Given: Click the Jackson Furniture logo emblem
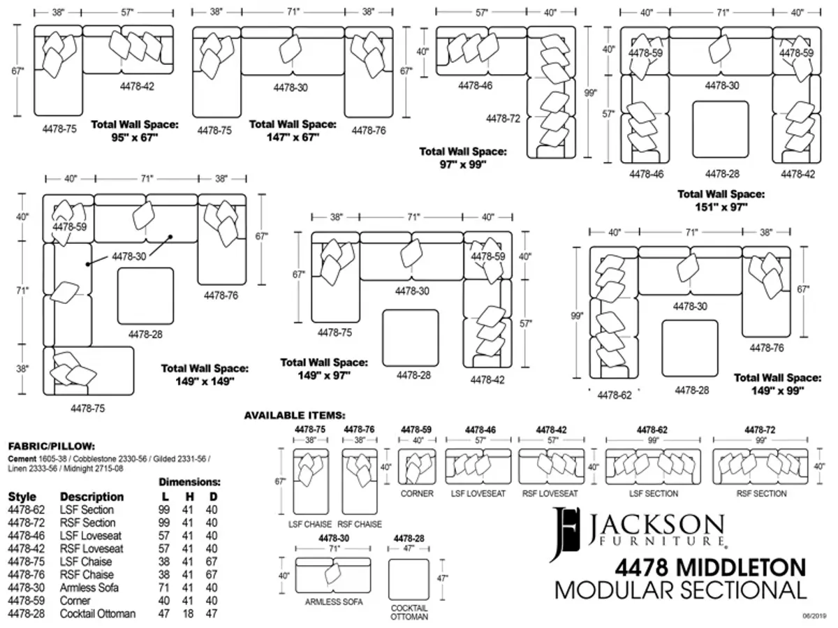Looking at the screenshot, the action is point(564,534).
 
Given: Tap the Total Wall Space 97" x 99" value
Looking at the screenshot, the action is point(463,165).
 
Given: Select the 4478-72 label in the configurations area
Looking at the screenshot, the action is point(503,119).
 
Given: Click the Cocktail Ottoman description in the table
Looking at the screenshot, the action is point(98,613).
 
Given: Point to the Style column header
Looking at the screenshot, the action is point(22,497).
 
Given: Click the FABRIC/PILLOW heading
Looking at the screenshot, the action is point(52,446).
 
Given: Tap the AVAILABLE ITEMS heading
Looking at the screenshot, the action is point(295,416).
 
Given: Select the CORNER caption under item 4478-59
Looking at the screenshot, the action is point(417,494).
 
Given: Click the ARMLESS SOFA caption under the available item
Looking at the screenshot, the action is point(334,602).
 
